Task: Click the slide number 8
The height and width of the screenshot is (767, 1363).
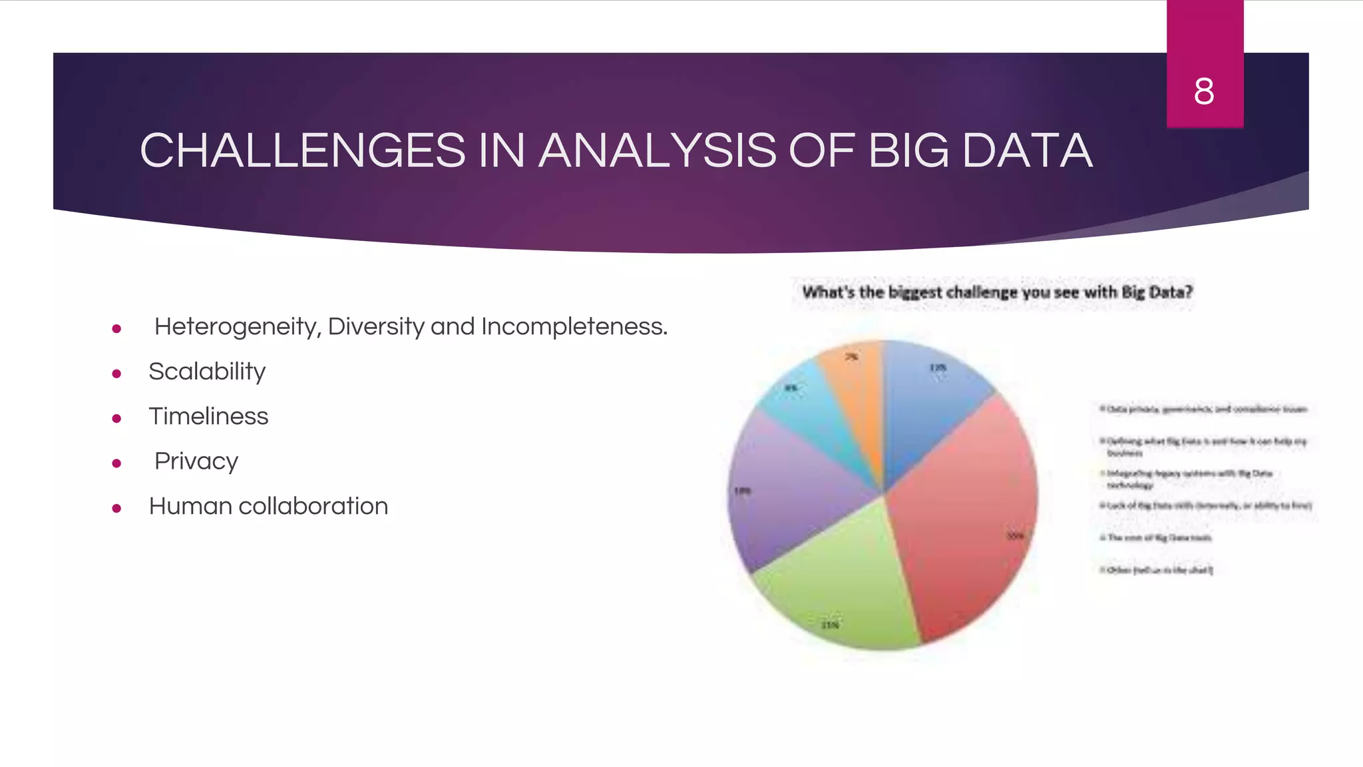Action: click(x=1204, y=92)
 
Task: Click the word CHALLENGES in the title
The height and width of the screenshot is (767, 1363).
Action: click(x=302, y=150)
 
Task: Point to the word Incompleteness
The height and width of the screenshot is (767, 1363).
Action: click(x=574, y=327)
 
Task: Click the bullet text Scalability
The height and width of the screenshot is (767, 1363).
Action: click(x=207, y=372)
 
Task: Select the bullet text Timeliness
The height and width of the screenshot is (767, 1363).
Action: click(x=208, y=416)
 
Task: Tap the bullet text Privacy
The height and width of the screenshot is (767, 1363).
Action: click(x=196, y=461)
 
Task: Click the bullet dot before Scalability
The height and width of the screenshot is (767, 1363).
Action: click(x=116, y=374)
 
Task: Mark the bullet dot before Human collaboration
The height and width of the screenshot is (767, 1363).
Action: click(x=116, y=509)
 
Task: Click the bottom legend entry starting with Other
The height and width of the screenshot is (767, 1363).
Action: click(x=1158, y=570)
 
